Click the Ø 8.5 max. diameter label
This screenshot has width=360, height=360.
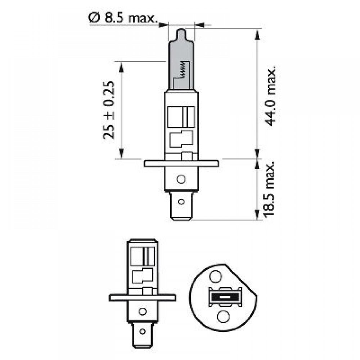click(x=123, y=18)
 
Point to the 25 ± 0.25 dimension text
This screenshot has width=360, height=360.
click(x=109, y=110)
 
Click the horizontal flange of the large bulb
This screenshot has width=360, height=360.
click(x=181, y=164)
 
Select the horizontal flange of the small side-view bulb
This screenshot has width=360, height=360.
click(x=142, y=298)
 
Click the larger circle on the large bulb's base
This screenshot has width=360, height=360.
click(x=181, y=179)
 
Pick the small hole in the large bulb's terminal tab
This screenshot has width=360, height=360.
click(x=181, y=202)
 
